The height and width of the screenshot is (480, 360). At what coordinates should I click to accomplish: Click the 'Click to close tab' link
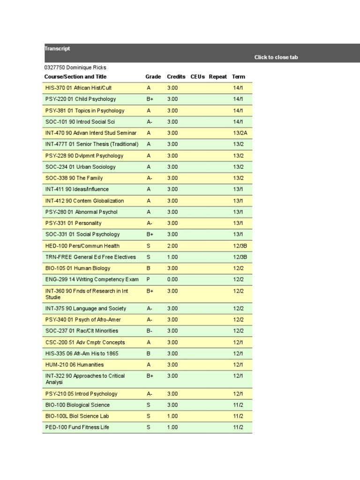point(276,57)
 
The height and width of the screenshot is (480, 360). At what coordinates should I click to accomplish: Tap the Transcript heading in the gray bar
point(57,48)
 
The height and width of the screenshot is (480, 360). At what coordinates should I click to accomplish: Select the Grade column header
point(153,76)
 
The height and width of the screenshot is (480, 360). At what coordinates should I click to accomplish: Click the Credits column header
point(176,76)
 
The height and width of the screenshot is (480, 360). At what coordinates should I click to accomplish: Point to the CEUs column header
point(198,76)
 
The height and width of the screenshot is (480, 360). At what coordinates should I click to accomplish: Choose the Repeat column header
point(218,76)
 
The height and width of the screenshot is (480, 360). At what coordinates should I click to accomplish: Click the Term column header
point(239,76)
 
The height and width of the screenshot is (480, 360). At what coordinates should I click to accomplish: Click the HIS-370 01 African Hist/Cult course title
point(78,88)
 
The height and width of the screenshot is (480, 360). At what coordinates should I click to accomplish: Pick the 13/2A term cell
point(240,133)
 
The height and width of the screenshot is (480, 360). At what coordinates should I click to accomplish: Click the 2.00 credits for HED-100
point(172,246)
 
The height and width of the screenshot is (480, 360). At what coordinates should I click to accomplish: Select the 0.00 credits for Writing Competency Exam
point(172,279)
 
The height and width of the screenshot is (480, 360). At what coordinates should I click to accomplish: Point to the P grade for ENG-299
point(149,279)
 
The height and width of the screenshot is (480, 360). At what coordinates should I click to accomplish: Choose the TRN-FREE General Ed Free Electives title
point(90,257)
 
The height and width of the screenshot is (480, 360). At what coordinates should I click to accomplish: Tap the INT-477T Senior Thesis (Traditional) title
point(92,144)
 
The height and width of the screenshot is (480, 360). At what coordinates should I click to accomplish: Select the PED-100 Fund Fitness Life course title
point(77,427)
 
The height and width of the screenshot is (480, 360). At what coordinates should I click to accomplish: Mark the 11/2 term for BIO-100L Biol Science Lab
point(238,416)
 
